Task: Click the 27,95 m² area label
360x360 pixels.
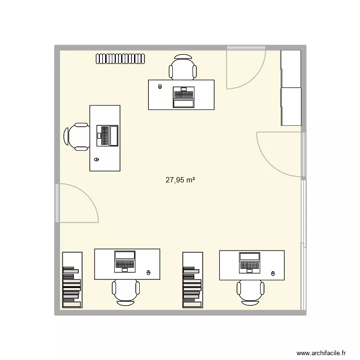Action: (180, 180)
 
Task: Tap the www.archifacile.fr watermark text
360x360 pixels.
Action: (322, 352)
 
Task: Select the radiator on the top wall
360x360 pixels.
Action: (120, 59)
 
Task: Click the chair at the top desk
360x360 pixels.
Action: (183, 67)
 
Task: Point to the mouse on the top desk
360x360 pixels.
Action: (159, 87)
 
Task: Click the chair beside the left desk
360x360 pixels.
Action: (77, 136)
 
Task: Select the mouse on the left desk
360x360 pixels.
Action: (96, 159)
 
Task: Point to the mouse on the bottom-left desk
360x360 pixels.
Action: (148, 273)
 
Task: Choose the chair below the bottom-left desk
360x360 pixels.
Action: (126, 291)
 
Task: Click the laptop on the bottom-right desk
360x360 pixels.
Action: (250, 263)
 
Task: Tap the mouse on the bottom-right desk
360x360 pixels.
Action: (273, 273)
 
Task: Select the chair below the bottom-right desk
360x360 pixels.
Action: (251, 290)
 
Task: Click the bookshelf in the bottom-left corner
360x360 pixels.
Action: (72, 279)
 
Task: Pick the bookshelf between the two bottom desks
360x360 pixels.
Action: (192, 279)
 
